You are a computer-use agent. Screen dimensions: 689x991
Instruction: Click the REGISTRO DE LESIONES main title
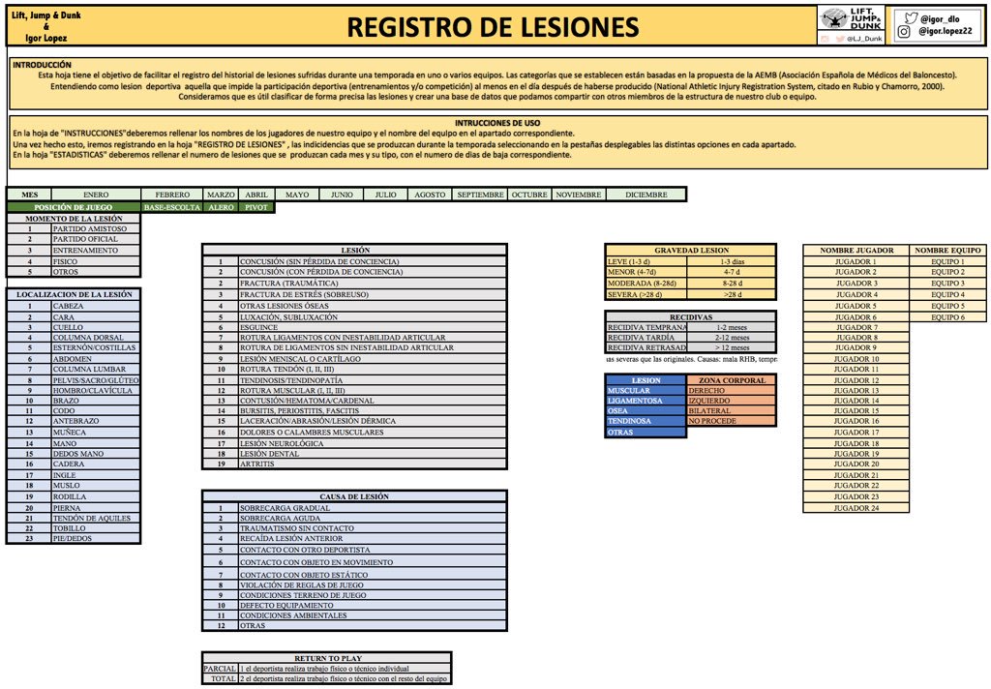[x=493, y=27]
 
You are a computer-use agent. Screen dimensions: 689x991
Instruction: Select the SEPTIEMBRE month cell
[x=480, y=195]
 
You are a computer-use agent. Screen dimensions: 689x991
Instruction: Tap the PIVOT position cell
[x=256, y=207]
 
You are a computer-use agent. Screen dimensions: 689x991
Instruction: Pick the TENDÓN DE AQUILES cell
[x=81, y=518]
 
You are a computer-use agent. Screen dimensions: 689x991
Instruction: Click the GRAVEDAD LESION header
[x=690, y=250]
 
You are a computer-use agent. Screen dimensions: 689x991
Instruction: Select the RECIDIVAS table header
[x=690, y=316]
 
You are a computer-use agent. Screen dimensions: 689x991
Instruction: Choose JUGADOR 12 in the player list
[x=856, y=380]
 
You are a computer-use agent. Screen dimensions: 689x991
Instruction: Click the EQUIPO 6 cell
[x=947, y=316]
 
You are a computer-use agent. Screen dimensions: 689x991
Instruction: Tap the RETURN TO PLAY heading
[x=326, y=656]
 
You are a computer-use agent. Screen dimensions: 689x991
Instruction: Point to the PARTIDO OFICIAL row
[x=83, y=239]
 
